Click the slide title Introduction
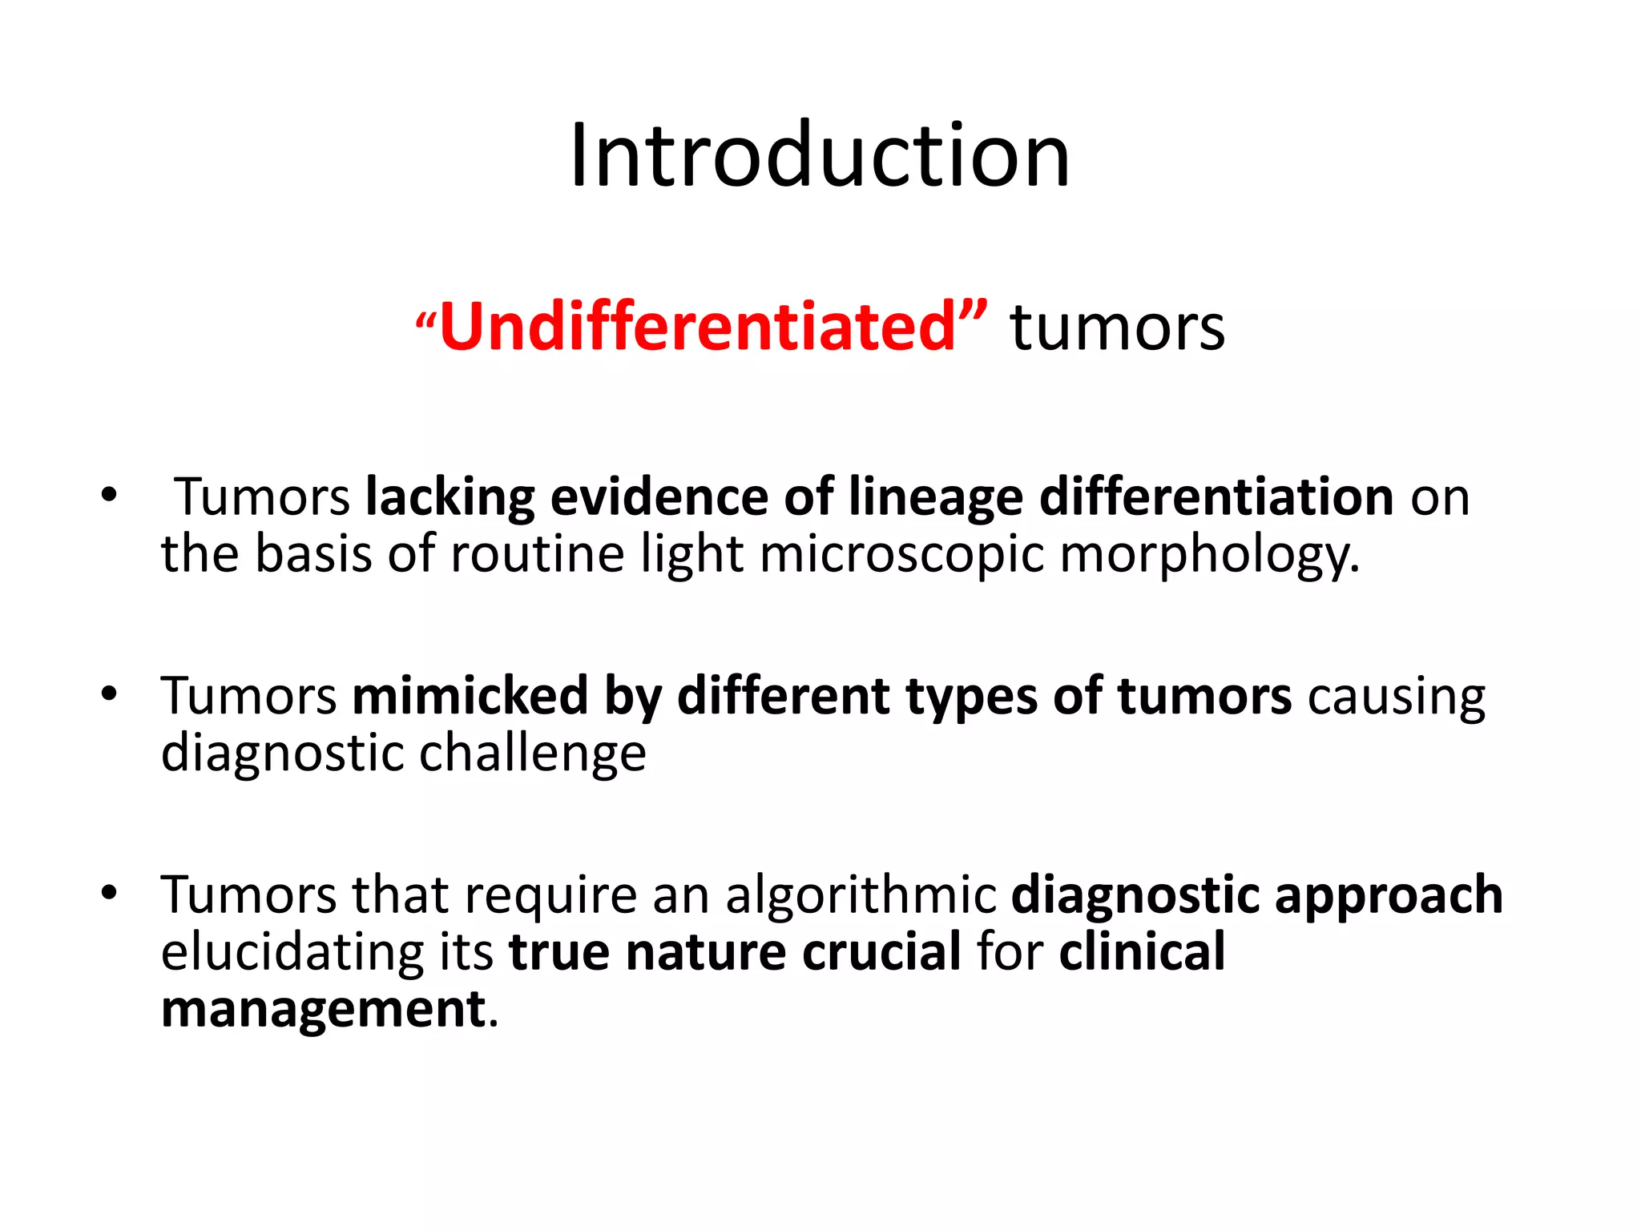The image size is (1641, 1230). [820, 155]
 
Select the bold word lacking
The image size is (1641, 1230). [450, 497]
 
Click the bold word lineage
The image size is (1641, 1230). [935, 497]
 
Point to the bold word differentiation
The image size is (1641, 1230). [1216, 497]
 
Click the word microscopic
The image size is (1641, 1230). [901, 554]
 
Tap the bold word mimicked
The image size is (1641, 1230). [470, 695]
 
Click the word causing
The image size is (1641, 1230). [1396, 695]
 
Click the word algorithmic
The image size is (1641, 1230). [861, 894]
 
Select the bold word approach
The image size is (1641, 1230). [1389, 894]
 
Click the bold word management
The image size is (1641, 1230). [323, 1009]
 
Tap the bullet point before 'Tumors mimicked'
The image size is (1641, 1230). [109, 693]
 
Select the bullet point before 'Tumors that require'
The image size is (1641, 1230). [109, 892]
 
